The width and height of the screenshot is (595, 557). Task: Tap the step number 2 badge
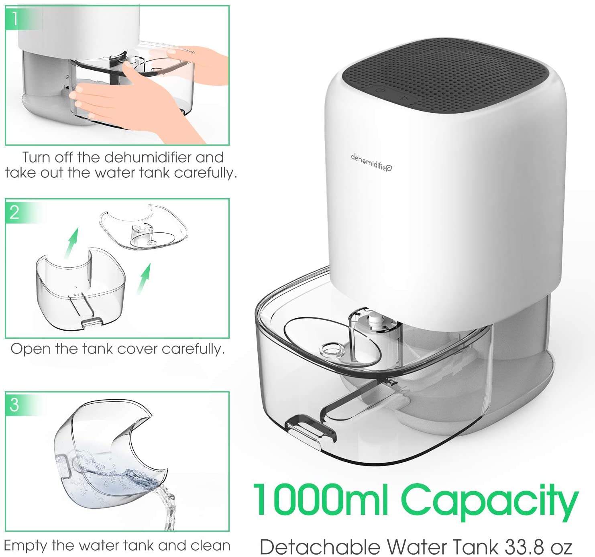point(15,212)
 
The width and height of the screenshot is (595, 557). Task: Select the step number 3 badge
point(15,405)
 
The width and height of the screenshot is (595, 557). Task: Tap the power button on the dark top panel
point(381,91)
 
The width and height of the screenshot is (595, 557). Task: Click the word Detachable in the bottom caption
point(319,547)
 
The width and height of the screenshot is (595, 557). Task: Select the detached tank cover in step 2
point(144,227)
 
